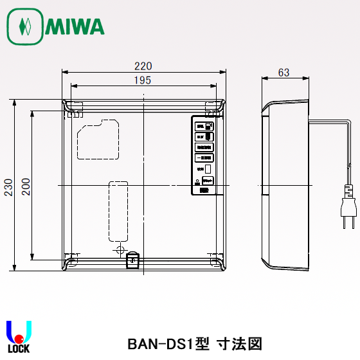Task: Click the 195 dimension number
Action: (143, 80)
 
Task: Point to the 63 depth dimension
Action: (283, 73)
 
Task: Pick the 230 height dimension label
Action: (8, 186)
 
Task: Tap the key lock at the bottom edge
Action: (132, 260)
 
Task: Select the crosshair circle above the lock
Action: (119, 249)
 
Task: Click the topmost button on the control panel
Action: (204, 127)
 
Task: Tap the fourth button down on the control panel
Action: (204, 157)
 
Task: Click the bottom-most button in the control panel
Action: (204, 190)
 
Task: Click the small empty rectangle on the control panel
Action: (208, 168)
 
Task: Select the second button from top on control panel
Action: (204, 137)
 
